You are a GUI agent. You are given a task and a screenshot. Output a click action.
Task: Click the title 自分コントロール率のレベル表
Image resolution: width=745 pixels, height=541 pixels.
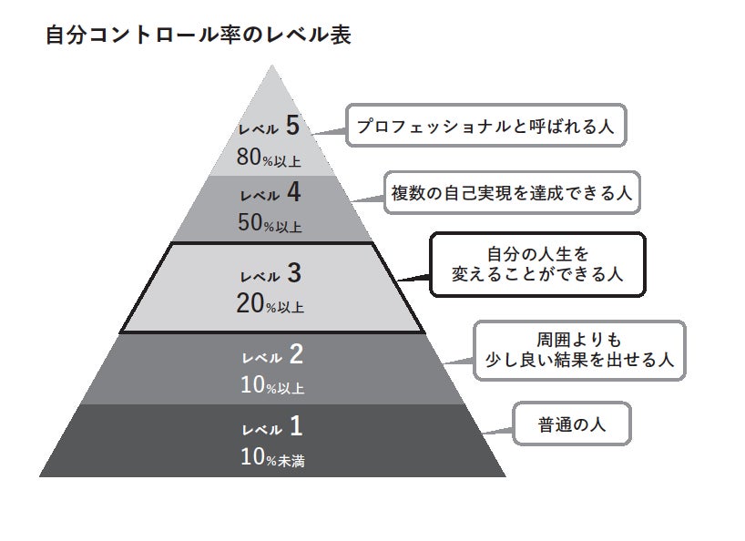click(198, 36)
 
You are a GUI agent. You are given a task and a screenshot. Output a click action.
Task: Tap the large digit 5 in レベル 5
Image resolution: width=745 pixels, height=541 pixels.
click(291, 126)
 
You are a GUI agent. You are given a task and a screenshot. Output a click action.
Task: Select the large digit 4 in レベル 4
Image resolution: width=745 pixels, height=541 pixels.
click(292, 193)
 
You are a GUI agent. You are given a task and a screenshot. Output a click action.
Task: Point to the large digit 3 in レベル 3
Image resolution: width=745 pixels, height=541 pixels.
click(292, 271)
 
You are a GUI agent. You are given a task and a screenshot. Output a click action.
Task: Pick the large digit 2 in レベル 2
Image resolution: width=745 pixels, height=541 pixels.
click(295, 353)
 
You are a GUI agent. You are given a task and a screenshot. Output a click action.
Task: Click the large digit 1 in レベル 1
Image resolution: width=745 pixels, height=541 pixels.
click(296, 424)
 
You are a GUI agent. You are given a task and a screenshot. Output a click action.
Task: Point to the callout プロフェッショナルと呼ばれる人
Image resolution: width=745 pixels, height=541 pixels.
click(485, 126)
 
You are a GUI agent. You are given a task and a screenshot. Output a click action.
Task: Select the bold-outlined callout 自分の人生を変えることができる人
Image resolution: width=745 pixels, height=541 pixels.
click(537, 264)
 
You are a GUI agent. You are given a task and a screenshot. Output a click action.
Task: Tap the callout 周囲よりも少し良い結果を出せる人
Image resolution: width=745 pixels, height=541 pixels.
click(579, 350)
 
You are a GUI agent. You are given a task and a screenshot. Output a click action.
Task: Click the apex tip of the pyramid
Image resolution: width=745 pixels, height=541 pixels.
click(270, 66)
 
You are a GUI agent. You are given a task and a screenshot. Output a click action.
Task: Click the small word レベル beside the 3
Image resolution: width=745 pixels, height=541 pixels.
click(260, 275)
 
